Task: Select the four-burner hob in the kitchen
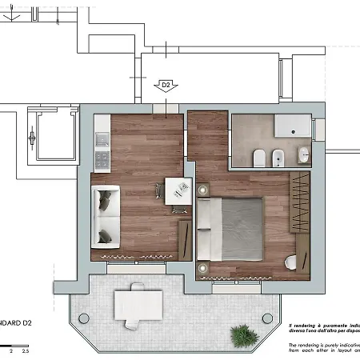(x=102, y=161)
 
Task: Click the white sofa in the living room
(x=105, y=215)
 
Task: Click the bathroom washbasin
(x=304, y=155)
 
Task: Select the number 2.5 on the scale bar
(x=26, y=350)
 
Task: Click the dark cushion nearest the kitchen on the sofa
(x=104, y=195)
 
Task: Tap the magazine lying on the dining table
(x=182, y=187)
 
